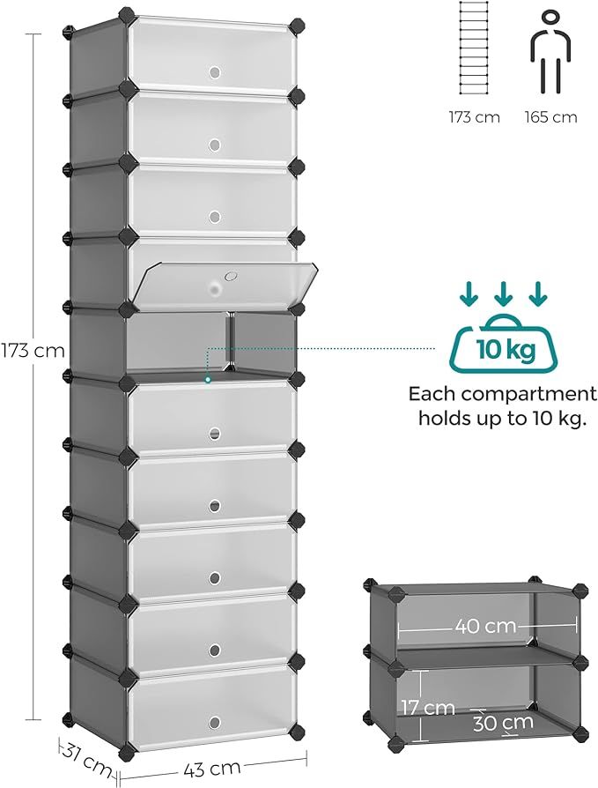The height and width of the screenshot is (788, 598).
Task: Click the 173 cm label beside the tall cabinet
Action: click(x=33, y=350)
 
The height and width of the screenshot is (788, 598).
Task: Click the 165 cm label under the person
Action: click(x=550, y=117)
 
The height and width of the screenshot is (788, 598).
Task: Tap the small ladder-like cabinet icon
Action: click(x=474, y=48)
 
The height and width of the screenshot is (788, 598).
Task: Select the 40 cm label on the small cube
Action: click(x=485, y=626)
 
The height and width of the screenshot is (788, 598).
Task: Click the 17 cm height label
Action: click(x=428, y=708)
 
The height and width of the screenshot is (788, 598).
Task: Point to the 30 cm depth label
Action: click(x=503, y=723)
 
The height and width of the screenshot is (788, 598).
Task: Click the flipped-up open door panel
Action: click(x=224, y=284)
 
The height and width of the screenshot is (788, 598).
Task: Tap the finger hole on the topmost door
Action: click(x=215, y=72)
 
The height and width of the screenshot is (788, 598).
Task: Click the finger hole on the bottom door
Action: click(x=215, y=723)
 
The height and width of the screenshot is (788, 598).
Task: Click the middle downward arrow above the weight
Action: click(x=504, y=295)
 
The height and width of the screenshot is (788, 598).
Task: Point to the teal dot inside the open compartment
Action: click(x=207, y=380)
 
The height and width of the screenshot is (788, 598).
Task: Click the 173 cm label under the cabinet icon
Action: click(x=474, y=117)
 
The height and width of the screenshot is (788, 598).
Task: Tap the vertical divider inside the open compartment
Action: click(x=230, y=342)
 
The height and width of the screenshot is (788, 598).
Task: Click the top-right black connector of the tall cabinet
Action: click(x=298, y=25)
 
